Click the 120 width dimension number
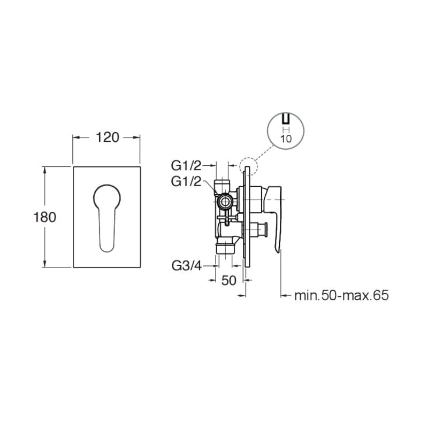tap(108, 137)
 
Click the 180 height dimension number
tap(45, 218)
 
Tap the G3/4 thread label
tap(186, 265)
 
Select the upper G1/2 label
tap(186, 165)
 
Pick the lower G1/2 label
tap(186, 181)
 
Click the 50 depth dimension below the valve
tap(228, 280)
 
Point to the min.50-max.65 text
tap(341, 295)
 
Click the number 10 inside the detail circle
tap(286, 139)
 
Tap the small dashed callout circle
tap(248, 166)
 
